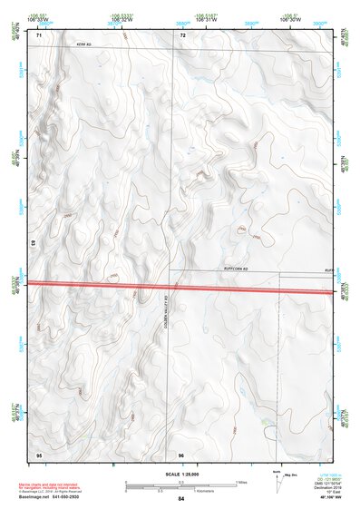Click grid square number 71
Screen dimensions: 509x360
pos(40,35)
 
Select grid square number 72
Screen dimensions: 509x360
pos(182,35)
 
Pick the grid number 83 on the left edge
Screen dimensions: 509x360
pos(33,242)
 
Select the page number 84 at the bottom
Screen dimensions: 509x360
pos(181,499)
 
